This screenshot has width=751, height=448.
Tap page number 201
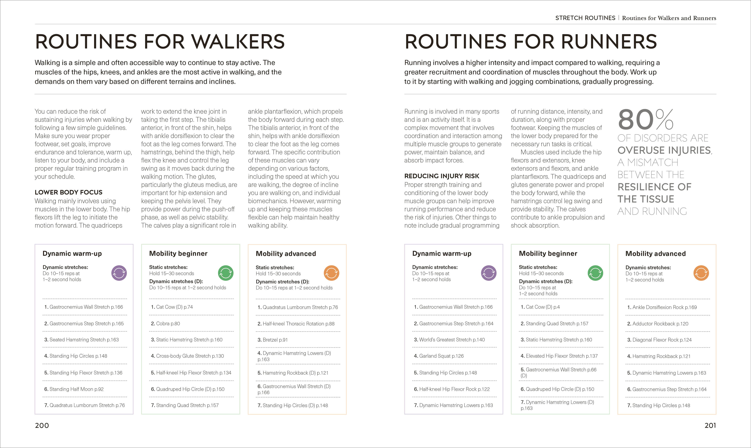[710, 425]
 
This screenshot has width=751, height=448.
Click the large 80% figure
[645, 120]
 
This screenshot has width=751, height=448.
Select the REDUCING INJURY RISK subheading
[442, 176]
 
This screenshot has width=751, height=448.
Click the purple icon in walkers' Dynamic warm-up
[119, 273]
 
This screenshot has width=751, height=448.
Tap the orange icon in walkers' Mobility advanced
[331, 273]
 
